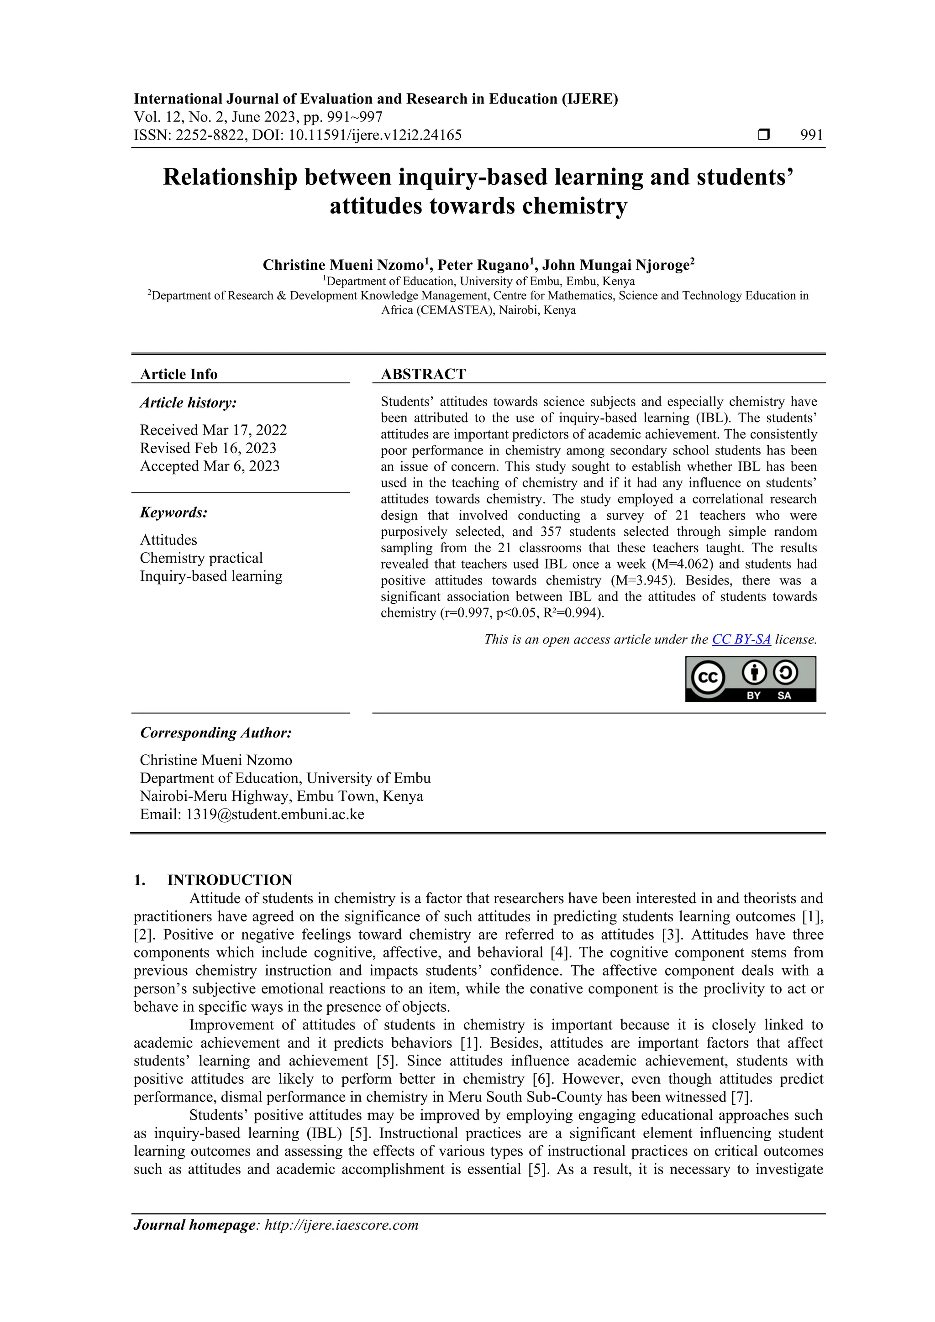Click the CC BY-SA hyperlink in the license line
click(741, 639)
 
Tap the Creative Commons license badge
click(750, 679)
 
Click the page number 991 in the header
click(811, 136)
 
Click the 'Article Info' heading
click(179, 374)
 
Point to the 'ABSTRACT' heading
click(423, 374)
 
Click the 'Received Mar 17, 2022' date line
click(213, 430)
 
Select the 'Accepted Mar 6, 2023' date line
click(210, 466)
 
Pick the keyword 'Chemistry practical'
click(201, 558)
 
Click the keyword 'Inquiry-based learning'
click(211, 576)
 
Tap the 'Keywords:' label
click(173, 512)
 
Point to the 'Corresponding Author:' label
click(216, 733)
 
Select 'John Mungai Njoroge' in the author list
click(616, 266)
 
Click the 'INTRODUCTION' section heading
click(229, 880)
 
